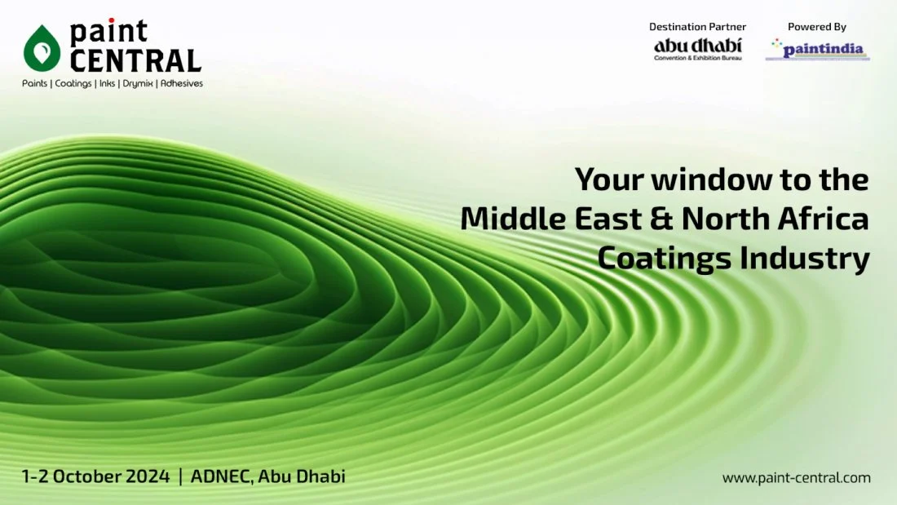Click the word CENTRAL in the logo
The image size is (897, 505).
[135, 60]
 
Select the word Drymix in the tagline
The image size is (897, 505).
[137, 83]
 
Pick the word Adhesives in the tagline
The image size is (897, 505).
[181, 83]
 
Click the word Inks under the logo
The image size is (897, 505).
[107, 83]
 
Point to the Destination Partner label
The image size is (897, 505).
[697, 26]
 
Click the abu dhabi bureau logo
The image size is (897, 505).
[698, 49]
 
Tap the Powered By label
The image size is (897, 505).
[817, 26]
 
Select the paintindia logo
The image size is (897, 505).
[818, 49]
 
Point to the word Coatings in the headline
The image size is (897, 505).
[665, 259]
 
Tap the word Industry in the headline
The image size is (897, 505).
[805, 259]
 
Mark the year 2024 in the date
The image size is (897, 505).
[148, 476]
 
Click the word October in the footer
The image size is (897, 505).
[87, 476]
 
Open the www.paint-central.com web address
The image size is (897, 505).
[797, 477]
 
